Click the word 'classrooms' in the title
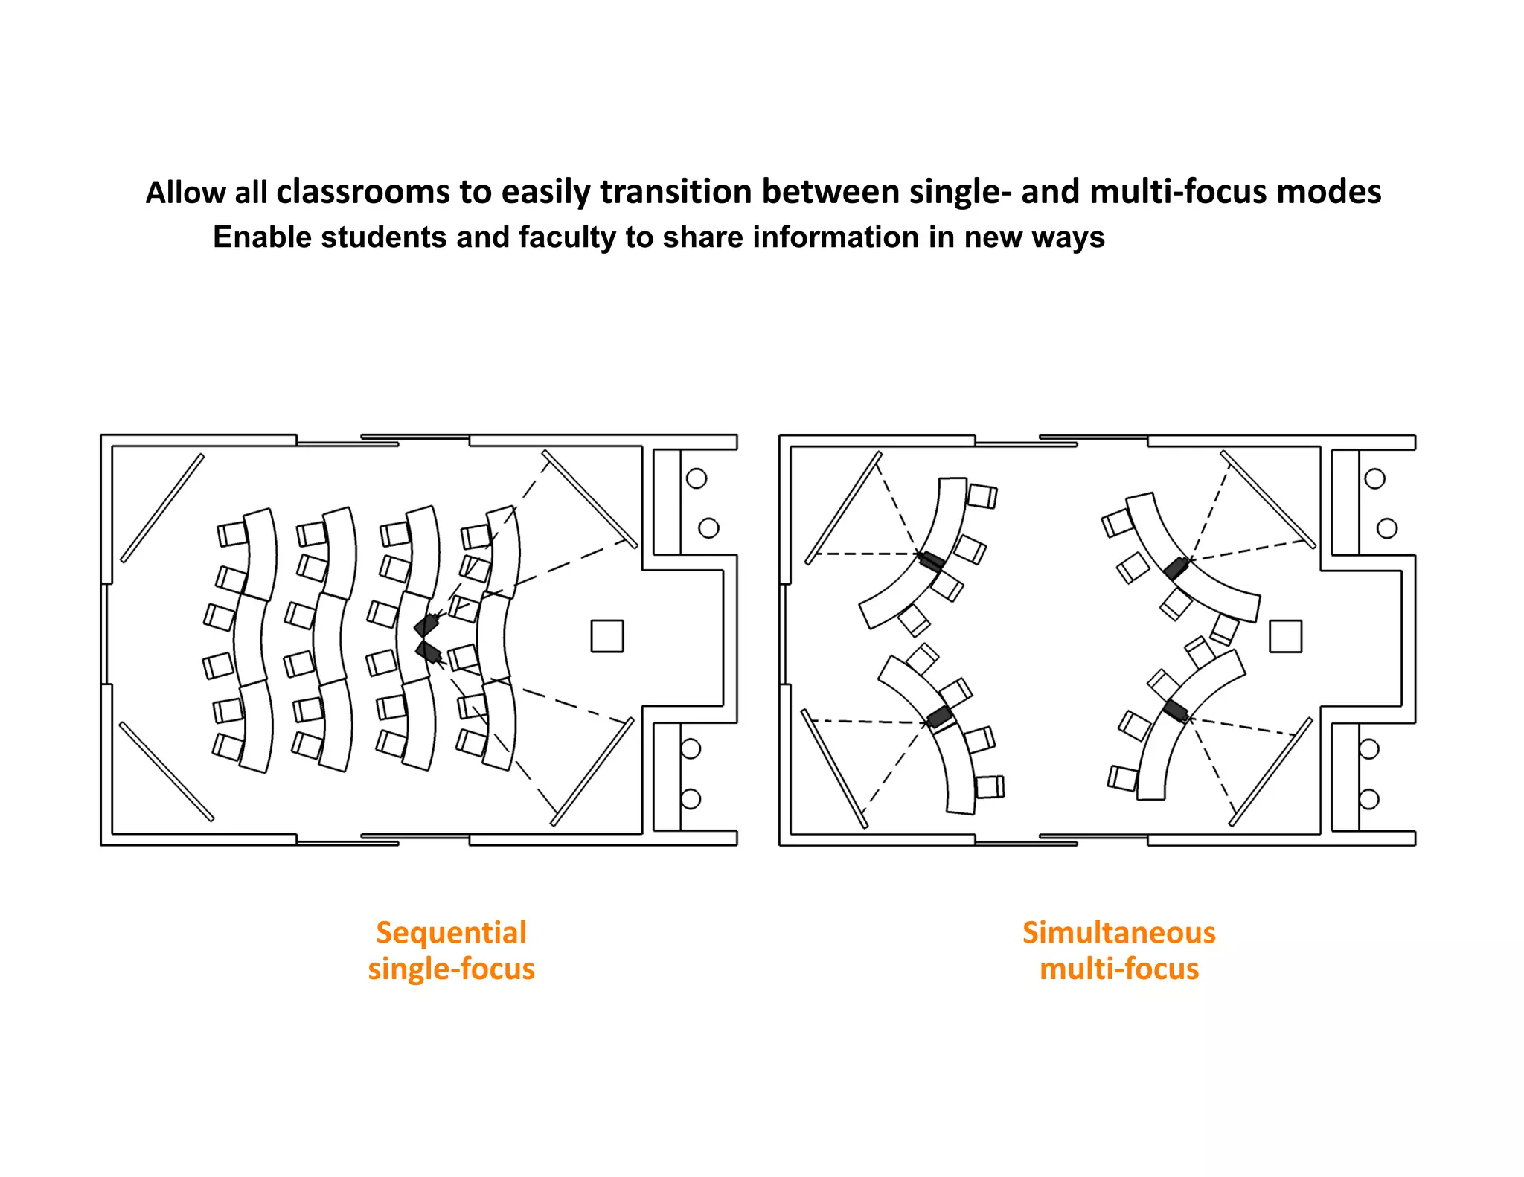pos(362,192)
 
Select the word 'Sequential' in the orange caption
pos(451,932)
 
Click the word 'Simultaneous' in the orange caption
pos(1118,932)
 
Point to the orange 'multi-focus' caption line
pos(1118,969)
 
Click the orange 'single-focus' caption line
pos(451,969)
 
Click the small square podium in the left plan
pos(606,636)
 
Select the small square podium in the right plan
pos(1285,636)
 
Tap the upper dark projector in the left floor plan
pos(426,624)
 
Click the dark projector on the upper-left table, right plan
pos(931,561)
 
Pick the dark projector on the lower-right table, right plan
pos(1176,711)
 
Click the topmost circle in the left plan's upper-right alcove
pos(697,478)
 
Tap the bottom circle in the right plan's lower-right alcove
pos(1369,799)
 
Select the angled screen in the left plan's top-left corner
pos(162,508)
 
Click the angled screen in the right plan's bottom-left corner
pos(834,769)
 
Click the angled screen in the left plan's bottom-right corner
pos(592,772)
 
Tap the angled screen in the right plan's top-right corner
pos(1267,498)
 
